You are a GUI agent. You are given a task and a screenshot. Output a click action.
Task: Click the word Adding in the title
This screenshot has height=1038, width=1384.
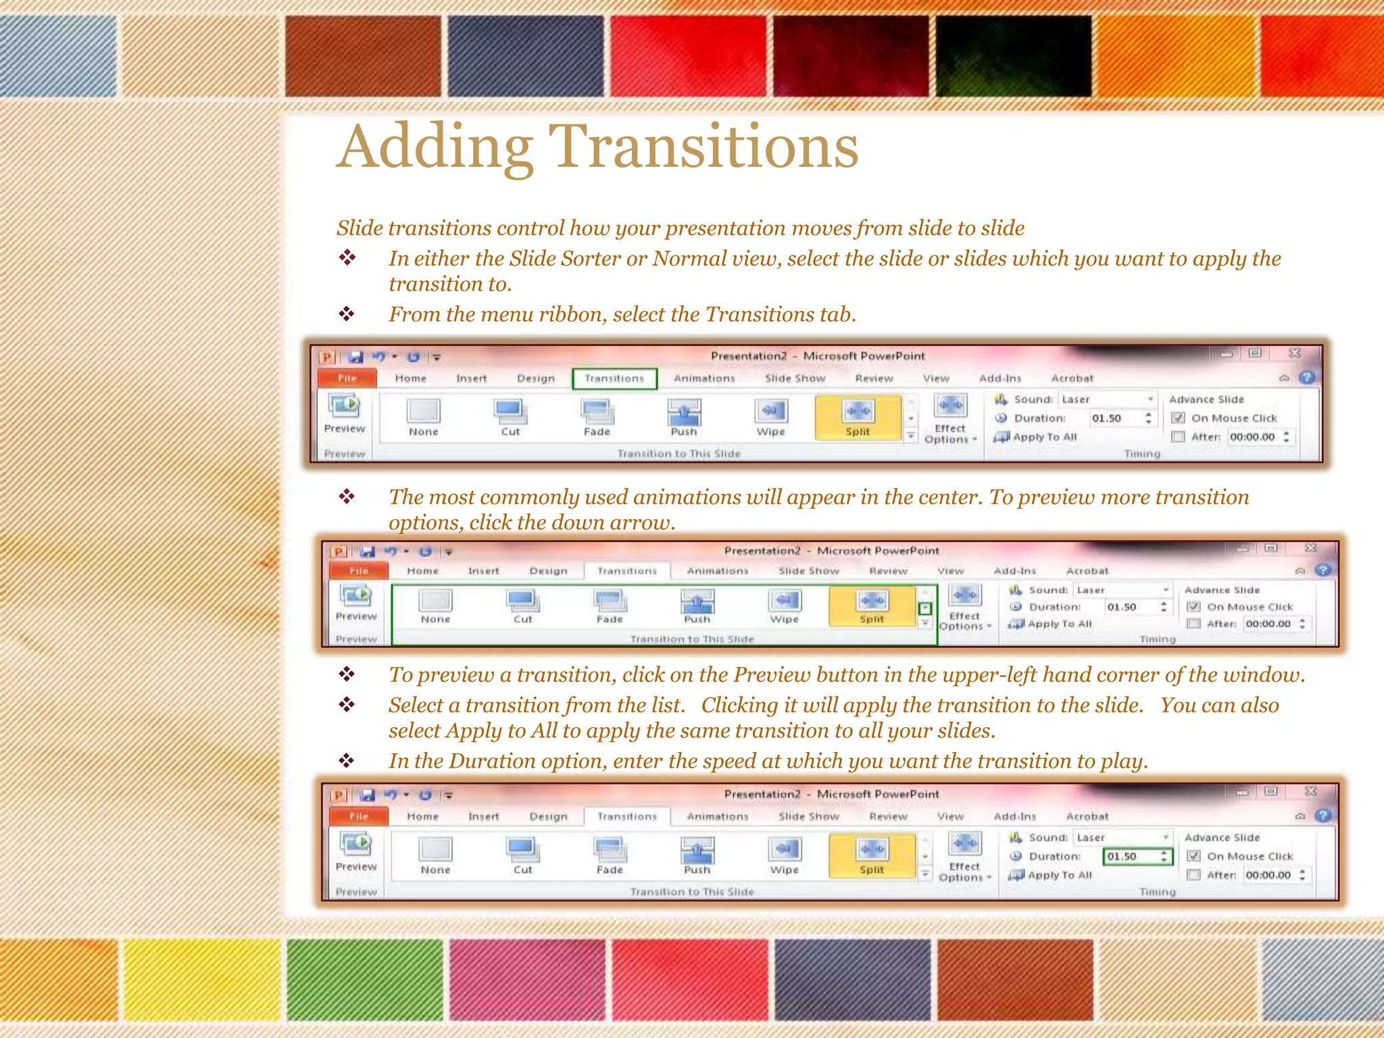pyautogui.click(x=435, y=147)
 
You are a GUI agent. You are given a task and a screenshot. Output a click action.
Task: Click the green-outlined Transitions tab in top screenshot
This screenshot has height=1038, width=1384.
pyautogui.click(x=614, y=378)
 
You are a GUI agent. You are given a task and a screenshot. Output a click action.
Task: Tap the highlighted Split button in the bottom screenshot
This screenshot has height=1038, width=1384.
pyautogui.click(x=871, y=855)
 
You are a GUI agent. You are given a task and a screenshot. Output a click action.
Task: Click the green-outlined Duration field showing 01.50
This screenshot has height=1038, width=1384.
pyautogui.click(x=1137, y=856)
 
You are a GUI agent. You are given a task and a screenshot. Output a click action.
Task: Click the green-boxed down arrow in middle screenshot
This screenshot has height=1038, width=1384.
pyautogui.click(x=925, y=608)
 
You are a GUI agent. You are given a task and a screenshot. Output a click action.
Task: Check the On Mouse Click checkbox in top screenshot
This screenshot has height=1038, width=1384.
pyautogui.click(x=1178, y=418)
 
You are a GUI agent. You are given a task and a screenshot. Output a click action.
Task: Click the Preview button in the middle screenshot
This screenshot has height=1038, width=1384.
pyautogui.click(x=356, y=603)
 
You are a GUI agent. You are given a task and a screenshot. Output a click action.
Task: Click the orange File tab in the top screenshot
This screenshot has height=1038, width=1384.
pyautogui.click(x=347, y=378)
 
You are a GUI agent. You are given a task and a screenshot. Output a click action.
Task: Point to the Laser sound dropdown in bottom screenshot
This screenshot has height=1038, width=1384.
pyautogui.click(x=1122, y=837)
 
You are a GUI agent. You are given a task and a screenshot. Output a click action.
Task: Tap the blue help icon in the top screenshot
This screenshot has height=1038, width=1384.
pyautogui.click(x=1308, y=378)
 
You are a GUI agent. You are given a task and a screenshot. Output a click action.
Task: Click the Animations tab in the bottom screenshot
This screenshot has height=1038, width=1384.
pyautogui.click(x=717, y=816)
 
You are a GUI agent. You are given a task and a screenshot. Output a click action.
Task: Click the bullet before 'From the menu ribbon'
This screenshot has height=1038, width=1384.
pyautogui.click(x=347, y=314)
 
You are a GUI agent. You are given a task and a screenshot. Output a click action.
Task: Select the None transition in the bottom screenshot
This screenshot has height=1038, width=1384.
pyautogui.click(x=435, y=855)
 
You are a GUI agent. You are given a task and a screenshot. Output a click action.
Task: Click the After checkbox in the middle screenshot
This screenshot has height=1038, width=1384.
pyautogui.click(x=1193, y=624)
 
